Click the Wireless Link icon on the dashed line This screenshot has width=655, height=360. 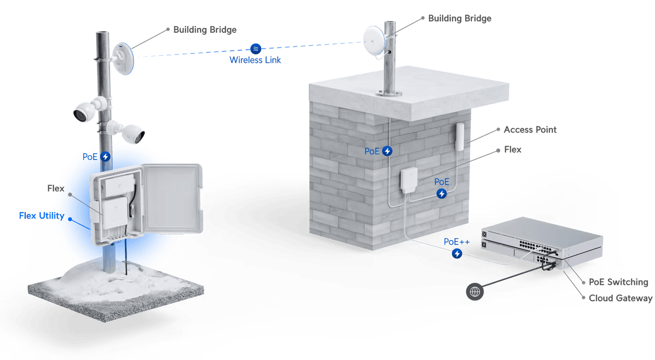[x=255, y=48]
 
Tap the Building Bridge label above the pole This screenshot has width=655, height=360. [x=205, y=30]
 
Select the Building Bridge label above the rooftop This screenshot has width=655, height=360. [x=459, y=19]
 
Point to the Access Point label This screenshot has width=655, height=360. [x=529, y=130]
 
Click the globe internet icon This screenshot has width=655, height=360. [x=474, y=292]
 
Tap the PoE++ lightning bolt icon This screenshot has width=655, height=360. [x=456, y=254]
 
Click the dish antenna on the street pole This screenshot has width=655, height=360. [x=127, y=59]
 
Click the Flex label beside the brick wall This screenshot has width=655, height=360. [x=512, y=150]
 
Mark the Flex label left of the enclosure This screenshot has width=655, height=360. [x=56, y=189]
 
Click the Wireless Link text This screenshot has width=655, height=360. [x=255, y=60]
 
